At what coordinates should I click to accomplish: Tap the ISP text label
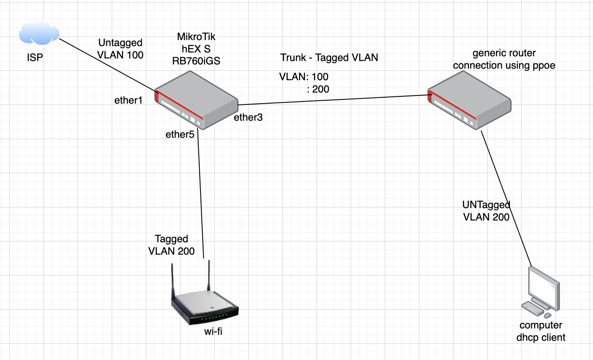pyautogui.click(x=35, y=57)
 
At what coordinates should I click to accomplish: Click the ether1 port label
pyautogui.click(x=128, y=101)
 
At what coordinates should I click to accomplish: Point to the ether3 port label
pyautogui.click(x=248, y=118)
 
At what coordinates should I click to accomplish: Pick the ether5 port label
pyautogui.click(x=180, y=135)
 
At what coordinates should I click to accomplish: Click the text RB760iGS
pyautogui.click(x=196, y=61)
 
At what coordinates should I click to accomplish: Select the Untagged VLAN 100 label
pyautogui.click(x=121, y=49)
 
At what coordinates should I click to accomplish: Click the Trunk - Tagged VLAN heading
pyautogui.click(x=329, y=57)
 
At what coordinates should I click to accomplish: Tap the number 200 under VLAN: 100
pyautogui.click(x=320, y=89)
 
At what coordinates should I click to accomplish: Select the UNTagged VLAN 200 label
pyautogui.click(x=486, y=211)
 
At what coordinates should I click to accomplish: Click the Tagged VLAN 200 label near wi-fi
pyautogui.click(x=172, y=245)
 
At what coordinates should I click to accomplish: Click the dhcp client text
pyautogui.click(x=541, y=337)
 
